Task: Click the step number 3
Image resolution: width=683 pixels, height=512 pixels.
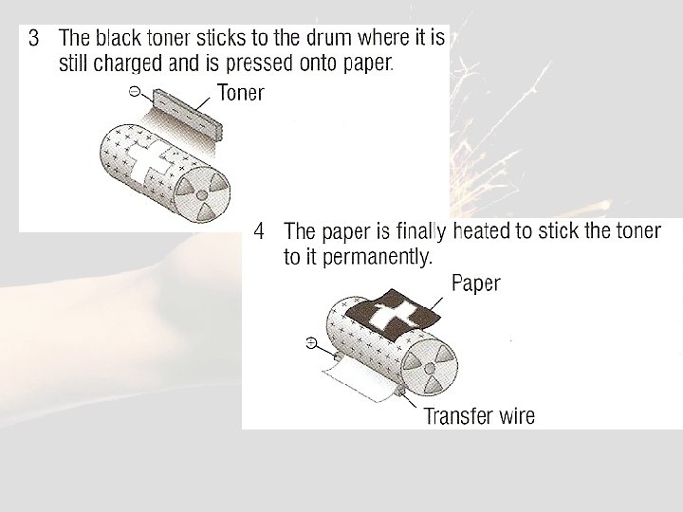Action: pos(33,38)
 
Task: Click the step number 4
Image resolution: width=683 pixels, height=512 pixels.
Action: pos(259,231)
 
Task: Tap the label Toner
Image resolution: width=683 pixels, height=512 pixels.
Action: pos(240,93)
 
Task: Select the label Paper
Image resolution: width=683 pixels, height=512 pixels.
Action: pos(475,283)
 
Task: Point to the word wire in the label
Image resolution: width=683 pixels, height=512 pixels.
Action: pos(517,416)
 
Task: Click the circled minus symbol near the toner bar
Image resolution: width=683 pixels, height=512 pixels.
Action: pos(135,91)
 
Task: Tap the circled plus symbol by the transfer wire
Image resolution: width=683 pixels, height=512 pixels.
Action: pos(311,343)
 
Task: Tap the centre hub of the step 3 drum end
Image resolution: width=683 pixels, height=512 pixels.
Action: pos(202,194)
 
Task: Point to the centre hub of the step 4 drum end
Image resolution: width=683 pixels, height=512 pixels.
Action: pos(430,369)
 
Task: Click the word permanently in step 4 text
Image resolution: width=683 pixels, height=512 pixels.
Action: pos(378,258)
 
